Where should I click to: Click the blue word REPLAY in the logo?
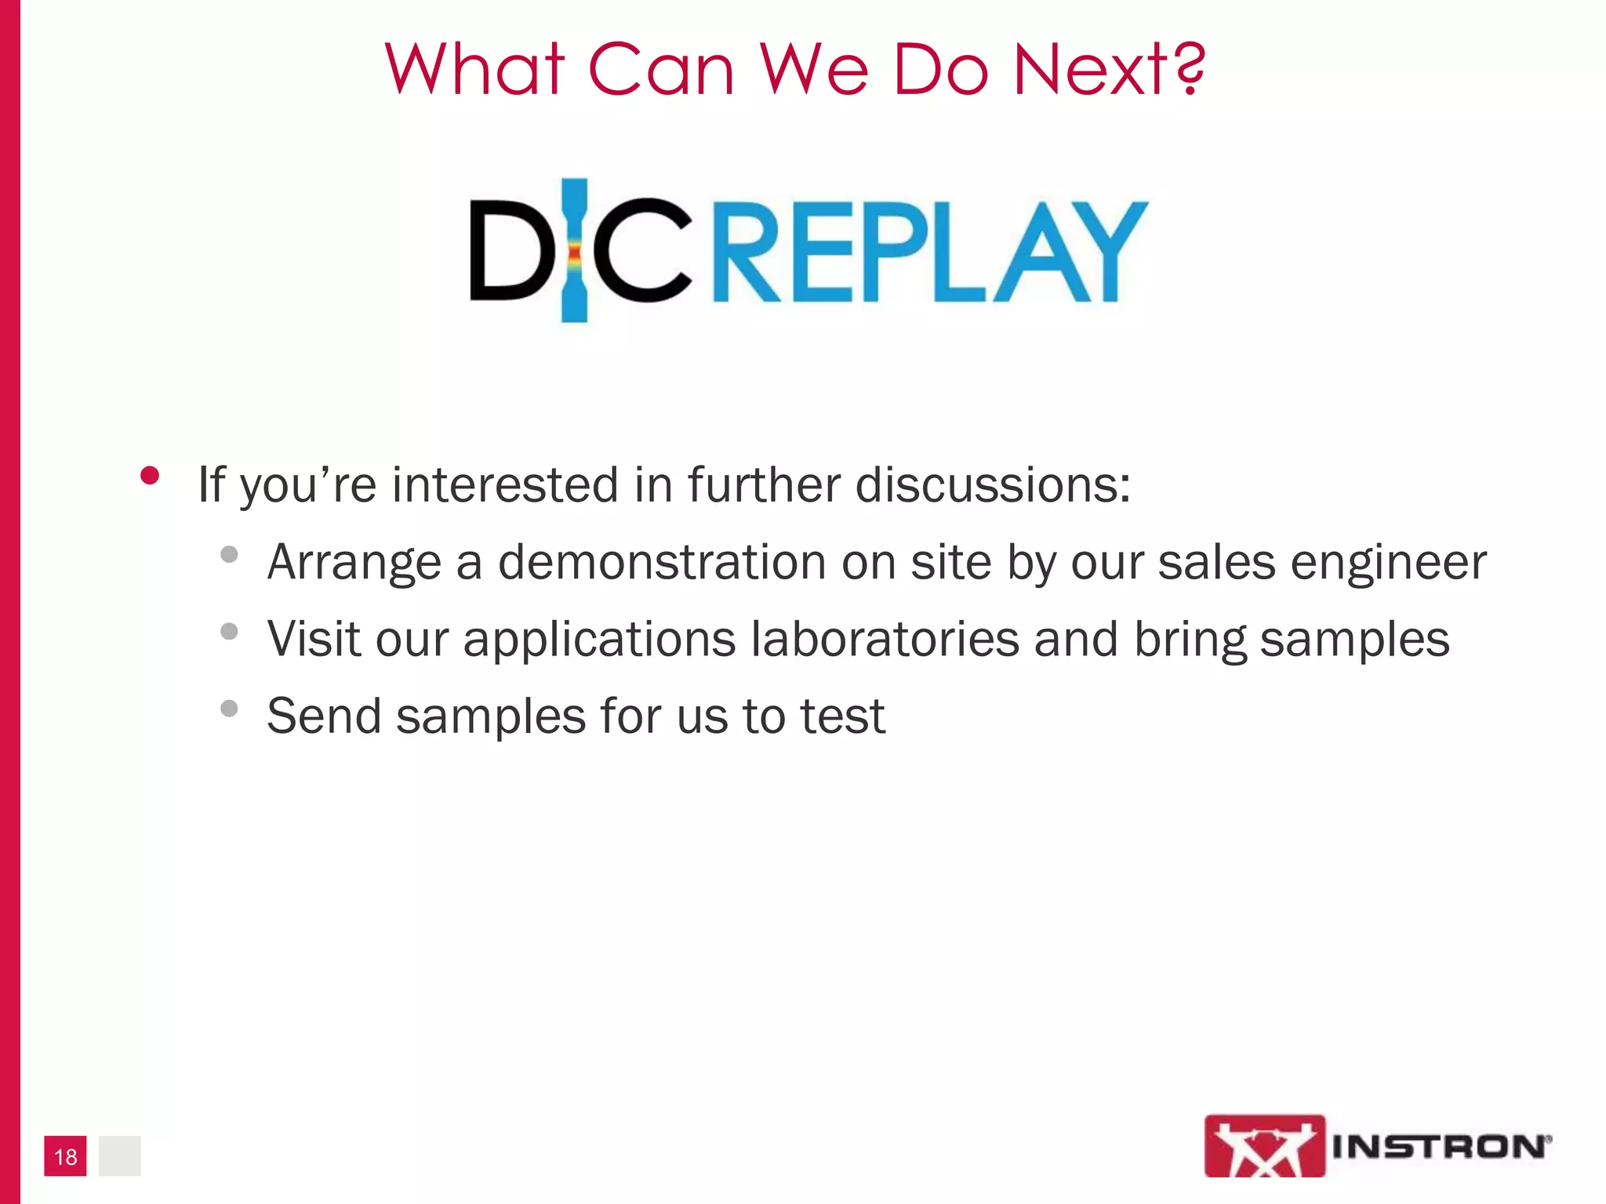point(930,252)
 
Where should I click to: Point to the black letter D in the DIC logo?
point(509,251)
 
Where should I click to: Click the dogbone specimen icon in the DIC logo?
point(575,251)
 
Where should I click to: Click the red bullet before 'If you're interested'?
point(150,476)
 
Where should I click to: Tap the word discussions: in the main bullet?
point(993,484)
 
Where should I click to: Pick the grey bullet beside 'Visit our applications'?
point(229,631)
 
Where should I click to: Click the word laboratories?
point(885,639)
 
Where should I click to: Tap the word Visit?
point(314,639)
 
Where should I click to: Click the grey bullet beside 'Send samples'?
point(229,709)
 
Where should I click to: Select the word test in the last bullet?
point(841,716)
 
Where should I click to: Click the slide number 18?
point(66,1156)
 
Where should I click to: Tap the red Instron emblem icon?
point(1264,1146)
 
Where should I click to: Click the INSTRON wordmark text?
point(1440,1147)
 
